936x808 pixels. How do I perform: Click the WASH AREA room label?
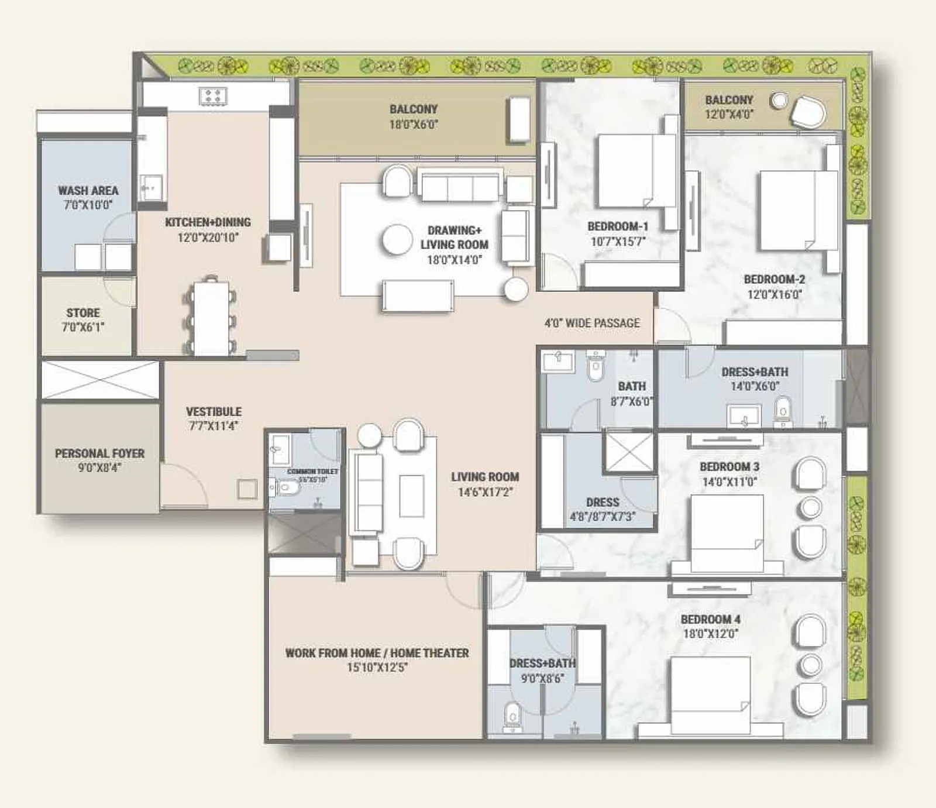88,191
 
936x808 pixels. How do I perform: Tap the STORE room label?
82,313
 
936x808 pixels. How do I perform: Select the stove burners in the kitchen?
212,96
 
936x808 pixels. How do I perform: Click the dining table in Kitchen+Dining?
211,318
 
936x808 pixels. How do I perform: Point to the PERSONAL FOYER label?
99,453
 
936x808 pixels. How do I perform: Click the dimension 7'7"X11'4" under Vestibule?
214,426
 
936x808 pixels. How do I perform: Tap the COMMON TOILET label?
312,472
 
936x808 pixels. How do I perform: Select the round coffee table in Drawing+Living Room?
397,240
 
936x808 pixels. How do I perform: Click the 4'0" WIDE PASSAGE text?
591,323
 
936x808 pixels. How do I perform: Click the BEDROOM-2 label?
774,280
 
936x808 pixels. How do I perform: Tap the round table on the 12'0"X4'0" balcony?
779,101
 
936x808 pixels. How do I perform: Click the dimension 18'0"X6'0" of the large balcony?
413,124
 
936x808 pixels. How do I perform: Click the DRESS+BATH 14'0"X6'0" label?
754,372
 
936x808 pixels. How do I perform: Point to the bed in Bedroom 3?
727,532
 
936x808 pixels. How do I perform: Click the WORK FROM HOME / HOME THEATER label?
377,653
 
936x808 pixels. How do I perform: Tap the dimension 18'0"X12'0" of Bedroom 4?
710,634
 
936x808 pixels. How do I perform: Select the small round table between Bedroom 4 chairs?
811,665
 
